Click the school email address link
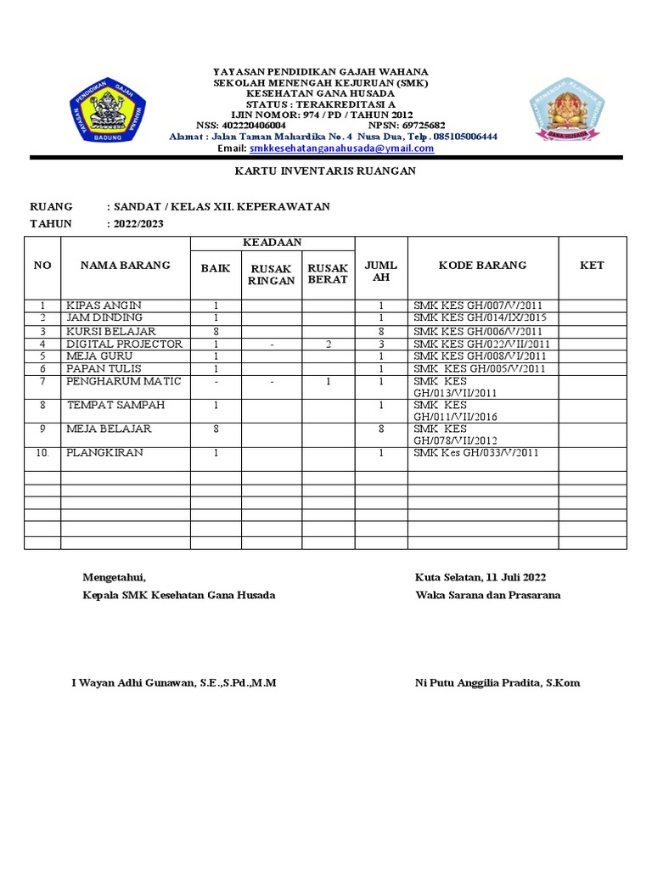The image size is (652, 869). point(342,149)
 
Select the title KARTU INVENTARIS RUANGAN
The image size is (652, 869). point(324,171)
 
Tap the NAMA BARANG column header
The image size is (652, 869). point(125,266)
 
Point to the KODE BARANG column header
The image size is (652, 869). point(482,266)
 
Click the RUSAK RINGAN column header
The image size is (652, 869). point(272,275)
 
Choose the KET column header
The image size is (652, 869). point(592,266)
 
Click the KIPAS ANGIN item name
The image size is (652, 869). point(104,306)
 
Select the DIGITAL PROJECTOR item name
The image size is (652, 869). point(125,345)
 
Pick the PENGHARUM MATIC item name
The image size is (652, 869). point(124,382)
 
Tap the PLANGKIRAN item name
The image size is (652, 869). point(105,453)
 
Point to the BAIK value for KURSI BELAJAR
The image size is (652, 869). point(216,332)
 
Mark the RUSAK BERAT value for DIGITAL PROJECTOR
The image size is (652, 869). point(328,345)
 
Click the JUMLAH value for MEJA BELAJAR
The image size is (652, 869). point(381,429)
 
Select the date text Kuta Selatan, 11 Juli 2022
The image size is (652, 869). point(481,578)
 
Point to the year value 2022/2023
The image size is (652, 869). point(136,224)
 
